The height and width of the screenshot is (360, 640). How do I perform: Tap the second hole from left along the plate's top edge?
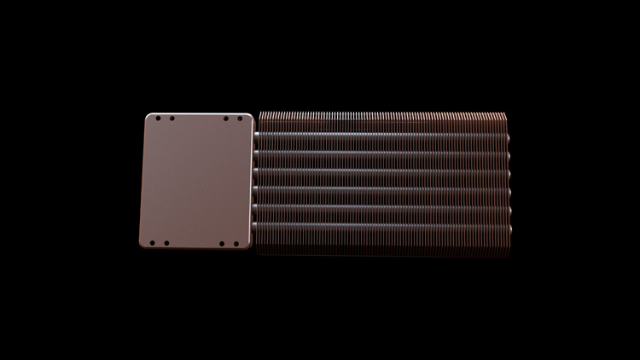172,119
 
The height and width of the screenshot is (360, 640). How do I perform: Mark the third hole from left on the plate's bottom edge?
222,244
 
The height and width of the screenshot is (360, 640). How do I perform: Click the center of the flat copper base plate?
196,181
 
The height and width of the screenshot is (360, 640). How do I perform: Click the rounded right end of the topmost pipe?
508,135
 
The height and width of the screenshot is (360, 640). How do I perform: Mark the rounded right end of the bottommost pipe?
508,229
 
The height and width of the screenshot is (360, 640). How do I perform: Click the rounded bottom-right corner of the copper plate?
248,246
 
